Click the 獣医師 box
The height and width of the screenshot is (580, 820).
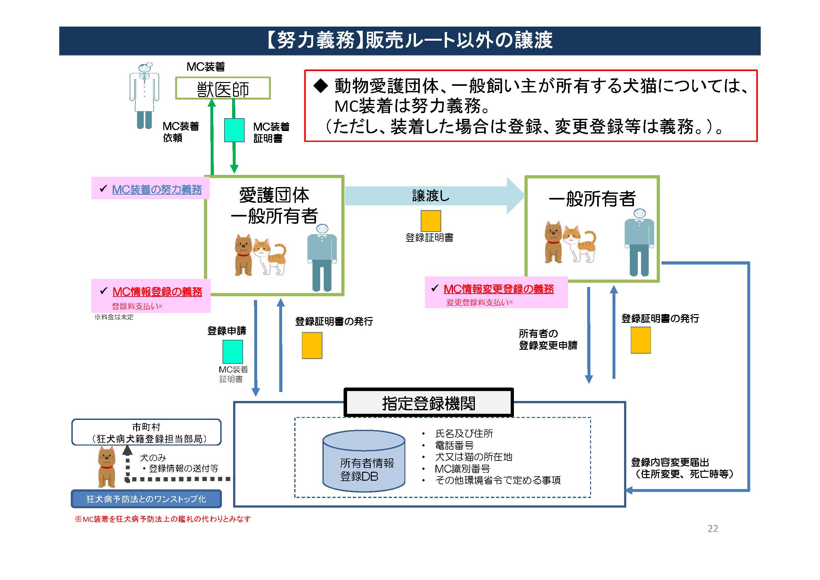click(223, 88)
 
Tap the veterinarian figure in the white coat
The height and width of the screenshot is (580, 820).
click(144, 95)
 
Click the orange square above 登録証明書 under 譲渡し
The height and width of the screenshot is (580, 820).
click(430, 221)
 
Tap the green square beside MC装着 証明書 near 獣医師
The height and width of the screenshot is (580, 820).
click(234, 130)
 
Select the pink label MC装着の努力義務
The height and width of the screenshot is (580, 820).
click(157, 189)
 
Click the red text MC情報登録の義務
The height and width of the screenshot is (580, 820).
click(157, 291)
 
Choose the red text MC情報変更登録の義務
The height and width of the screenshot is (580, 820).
click(498, 289)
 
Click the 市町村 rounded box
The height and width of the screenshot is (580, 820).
click(146, 432)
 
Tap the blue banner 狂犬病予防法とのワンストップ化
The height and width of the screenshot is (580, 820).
click(146, 499)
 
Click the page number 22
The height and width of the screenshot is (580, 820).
click(712, 528)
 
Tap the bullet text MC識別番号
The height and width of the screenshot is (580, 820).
click(462, 469)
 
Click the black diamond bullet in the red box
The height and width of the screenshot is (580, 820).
click(321, 86)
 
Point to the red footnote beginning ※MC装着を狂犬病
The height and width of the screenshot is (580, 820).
click(163, 519)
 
